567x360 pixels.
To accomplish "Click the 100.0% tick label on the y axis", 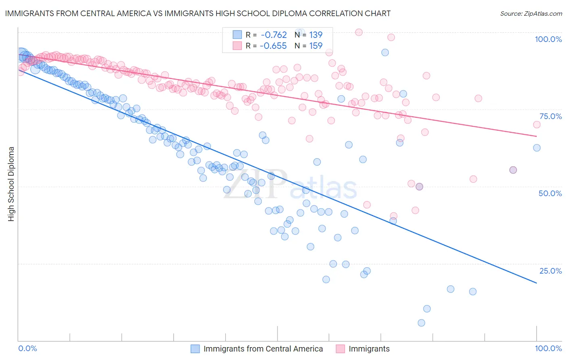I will pos(548,39).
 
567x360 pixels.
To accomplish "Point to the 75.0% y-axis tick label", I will pos(550,116).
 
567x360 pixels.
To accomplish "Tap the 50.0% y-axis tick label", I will pos(550,193).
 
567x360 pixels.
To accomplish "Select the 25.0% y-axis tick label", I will pos(550,271).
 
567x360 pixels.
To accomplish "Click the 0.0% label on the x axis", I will pos(27,348).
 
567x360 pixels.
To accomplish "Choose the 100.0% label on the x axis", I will pos(548,348).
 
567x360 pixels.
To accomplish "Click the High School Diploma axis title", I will pos(11,184).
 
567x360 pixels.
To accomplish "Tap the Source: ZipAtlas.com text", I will pos(531,14).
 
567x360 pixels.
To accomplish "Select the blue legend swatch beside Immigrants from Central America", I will pos(195,349).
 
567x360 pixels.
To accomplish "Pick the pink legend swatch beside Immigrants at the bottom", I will pos(340,349).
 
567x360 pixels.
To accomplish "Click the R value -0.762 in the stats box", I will pos(273,35).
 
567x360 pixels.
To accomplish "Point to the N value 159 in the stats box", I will pos(316,46).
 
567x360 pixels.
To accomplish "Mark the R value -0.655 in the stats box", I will pos(273,46).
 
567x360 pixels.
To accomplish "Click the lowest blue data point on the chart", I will pos(421,323).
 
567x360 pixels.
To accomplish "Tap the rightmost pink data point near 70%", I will pos(537,125).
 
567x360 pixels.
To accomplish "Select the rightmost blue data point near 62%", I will pos(537,148).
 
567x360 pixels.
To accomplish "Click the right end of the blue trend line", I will pos(536,283).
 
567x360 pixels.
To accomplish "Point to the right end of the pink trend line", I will pos(536,136).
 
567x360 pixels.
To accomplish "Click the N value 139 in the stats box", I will pos(316,35).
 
